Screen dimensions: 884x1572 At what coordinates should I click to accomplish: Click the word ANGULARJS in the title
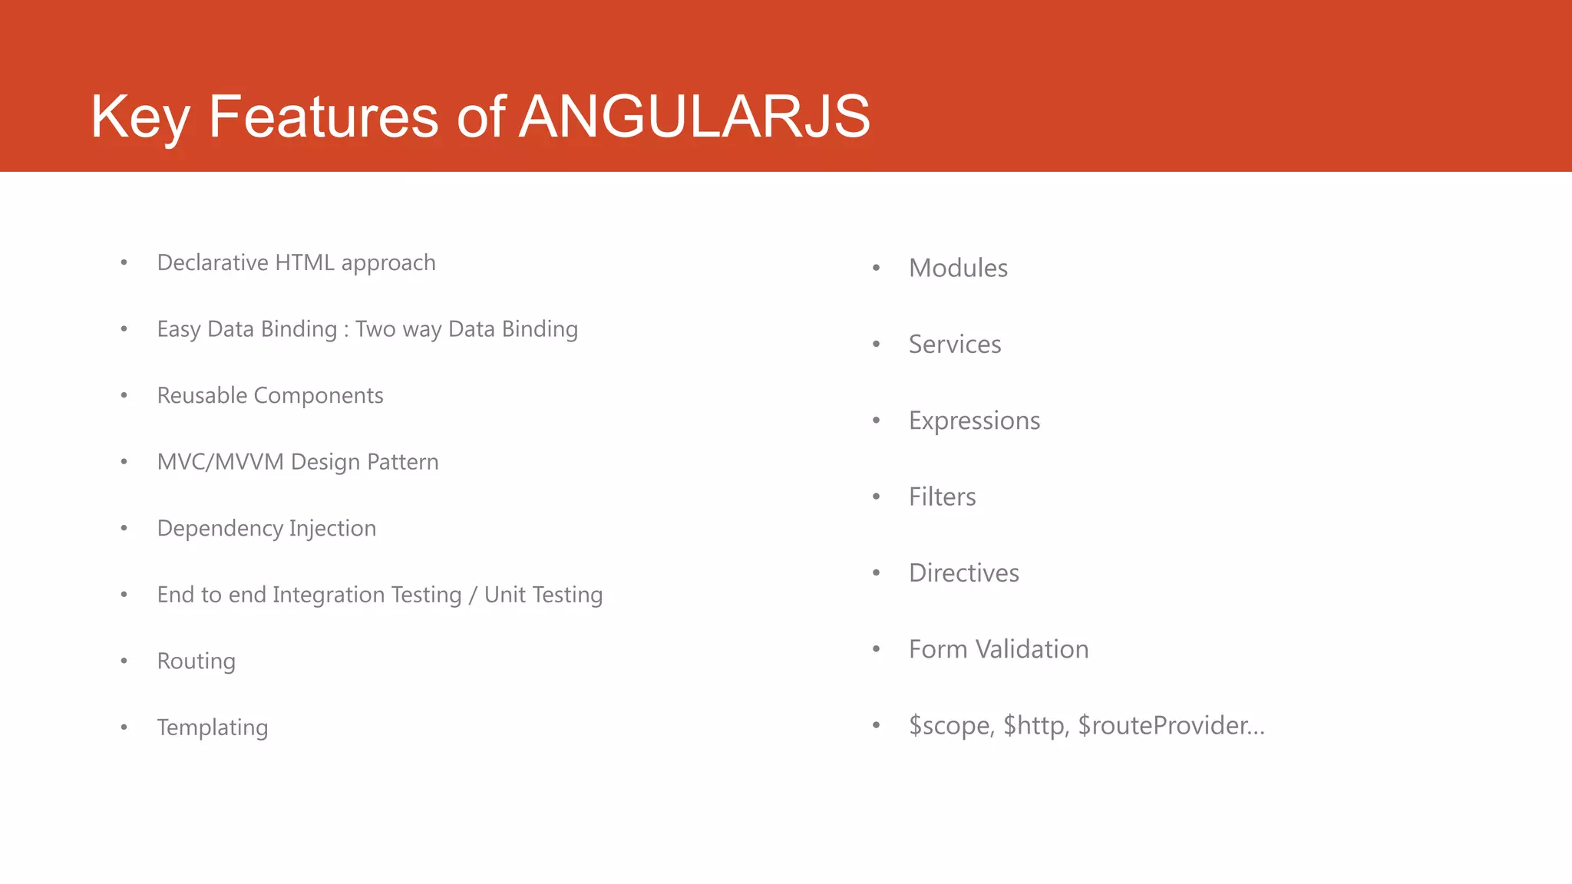point(694,117)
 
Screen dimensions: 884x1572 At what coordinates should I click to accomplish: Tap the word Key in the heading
point(140,117)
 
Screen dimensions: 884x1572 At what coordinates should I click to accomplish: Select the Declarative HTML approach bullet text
point(296,263)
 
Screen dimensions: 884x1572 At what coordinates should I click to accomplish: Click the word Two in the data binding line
point(375,329)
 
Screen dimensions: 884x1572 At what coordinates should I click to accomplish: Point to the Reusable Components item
point(270,396)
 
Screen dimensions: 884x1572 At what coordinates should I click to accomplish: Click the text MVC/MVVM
point(220,462)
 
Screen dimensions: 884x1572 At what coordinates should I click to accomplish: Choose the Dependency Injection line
point(266,529)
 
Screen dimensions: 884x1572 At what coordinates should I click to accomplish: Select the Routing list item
point(196,661)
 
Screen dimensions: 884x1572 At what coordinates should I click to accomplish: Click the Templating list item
point(213,727)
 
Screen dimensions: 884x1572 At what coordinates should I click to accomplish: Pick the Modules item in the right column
point(958,269)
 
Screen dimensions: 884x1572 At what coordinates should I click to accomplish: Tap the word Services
point(955,345)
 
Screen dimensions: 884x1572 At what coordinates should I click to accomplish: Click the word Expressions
point(974,421)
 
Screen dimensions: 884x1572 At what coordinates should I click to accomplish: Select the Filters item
point(942,497)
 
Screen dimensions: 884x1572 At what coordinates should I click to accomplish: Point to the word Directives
point(963,573)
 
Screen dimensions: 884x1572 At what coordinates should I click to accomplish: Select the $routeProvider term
point(1171,726)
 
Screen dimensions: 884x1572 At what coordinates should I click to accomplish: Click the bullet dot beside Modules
point(876,268)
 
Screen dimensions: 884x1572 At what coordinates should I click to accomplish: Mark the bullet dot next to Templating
point(124,727)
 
